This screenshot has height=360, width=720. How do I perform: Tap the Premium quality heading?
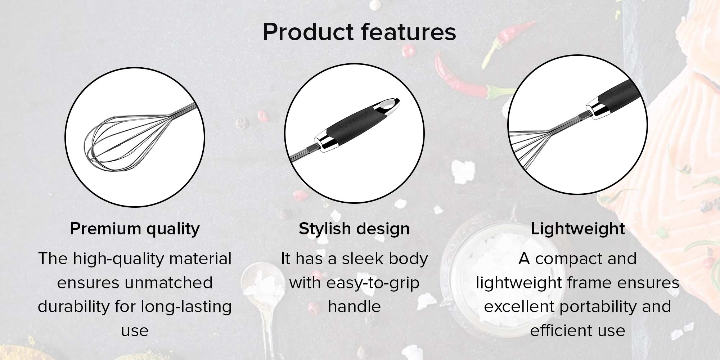coord(135,229)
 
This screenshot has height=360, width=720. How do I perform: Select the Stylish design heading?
coord(354,229)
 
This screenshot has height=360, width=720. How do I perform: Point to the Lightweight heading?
coord(578,229)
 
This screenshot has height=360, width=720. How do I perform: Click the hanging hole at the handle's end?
coord(387,105)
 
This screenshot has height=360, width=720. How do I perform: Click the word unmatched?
coord(168,283)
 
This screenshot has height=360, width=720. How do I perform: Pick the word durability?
coord(74,307)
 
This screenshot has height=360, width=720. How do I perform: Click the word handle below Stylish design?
coord(354,307)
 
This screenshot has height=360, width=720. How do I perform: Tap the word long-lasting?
coord(186,307)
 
